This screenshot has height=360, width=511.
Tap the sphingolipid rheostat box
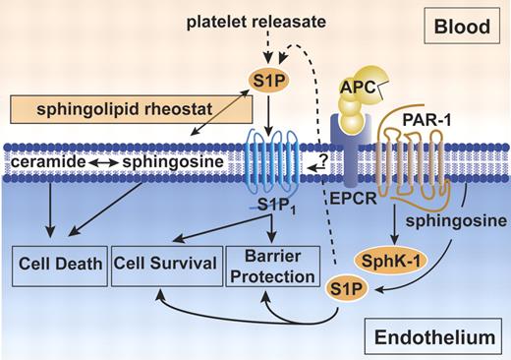[88, 110]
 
